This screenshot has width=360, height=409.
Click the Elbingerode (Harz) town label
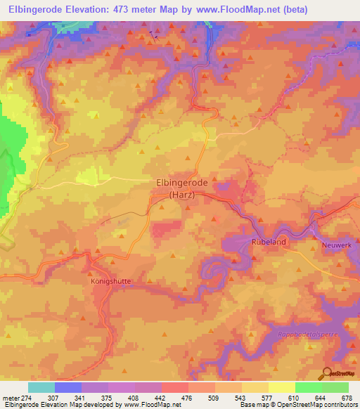[178, 188]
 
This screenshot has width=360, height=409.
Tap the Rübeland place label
[267, 240]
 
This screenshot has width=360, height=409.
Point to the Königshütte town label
[111, 280]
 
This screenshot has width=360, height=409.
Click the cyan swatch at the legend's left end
[41, 388]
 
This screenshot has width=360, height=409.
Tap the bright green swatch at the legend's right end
[335, 388]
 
